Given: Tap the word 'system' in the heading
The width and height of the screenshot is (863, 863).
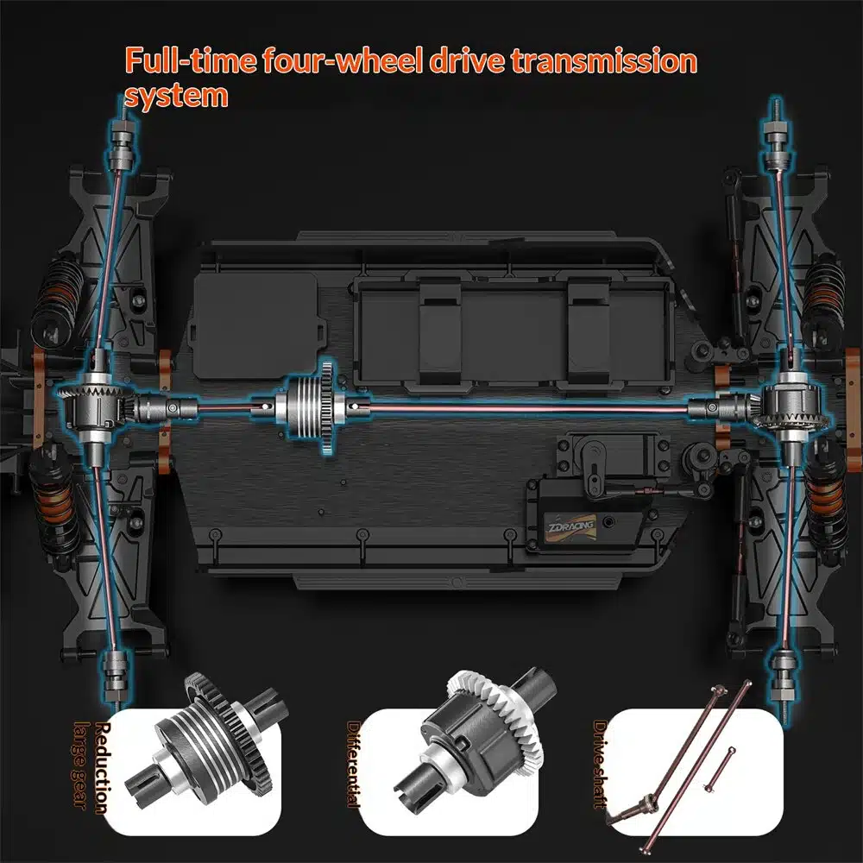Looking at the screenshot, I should point(176,94).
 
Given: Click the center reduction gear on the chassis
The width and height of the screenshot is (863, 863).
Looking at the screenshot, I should point(312,403).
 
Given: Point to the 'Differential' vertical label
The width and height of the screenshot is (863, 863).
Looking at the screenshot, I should point(354,764).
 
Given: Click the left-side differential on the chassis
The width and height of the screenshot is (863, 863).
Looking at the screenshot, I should point(93,404).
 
